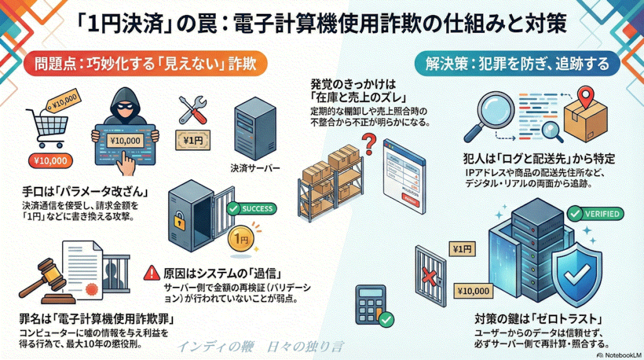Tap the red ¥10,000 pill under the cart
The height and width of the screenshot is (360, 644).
coord(47,160)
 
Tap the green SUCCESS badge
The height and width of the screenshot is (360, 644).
coord(251,208)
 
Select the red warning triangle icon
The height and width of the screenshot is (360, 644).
coord(151,274)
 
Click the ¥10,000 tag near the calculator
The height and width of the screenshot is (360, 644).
coord(470,291)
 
